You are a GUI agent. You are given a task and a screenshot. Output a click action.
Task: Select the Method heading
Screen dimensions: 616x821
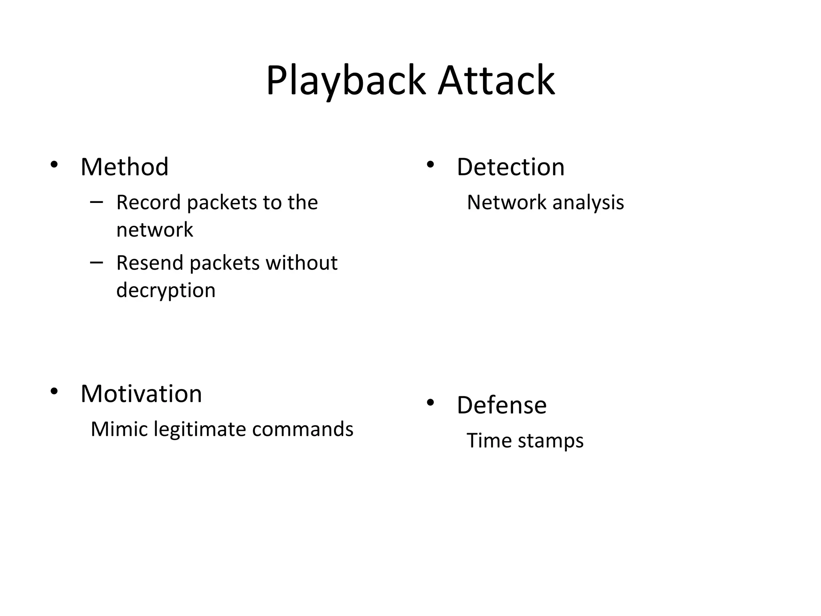(x=124, y=167)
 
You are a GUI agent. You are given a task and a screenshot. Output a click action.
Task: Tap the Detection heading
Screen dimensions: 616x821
(x=510, y=167)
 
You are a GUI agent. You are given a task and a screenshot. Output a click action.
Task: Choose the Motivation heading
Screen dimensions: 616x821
(x=141, y=394)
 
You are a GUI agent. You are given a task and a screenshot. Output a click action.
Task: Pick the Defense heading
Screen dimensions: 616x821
(x=501, y=405)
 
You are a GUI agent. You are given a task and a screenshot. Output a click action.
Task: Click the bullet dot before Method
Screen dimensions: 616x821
(x=54, y=165)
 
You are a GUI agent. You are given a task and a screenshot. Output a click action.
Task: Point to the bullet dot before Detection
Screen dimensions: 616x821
(x=430, y=165)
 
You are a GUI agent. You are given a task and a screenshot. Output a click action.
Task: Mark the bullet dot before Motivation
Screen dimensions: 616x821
(x=54, y=391)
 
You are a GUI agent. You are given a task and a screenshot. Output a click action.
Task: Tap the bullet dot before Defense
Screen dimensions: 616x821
(x=430, y=403)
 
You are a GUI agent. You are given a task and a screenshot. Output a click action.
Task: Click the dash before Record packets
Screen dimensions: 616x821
(x=96, y=202)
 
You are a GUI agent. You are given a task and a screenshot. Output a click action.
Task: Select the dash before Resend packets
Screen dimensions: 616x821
(x=96, y=263)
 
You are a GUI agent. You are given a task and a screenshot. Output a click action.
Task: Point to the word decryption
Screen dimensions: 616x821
(x=166, y=290)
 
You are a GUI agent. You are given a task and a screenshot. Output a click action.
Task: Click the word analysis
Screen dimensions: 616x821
(x=588, y=203)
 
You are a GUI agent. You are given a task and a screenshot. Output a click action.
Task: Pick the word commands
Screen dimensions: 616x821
(x=303, y=429)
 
